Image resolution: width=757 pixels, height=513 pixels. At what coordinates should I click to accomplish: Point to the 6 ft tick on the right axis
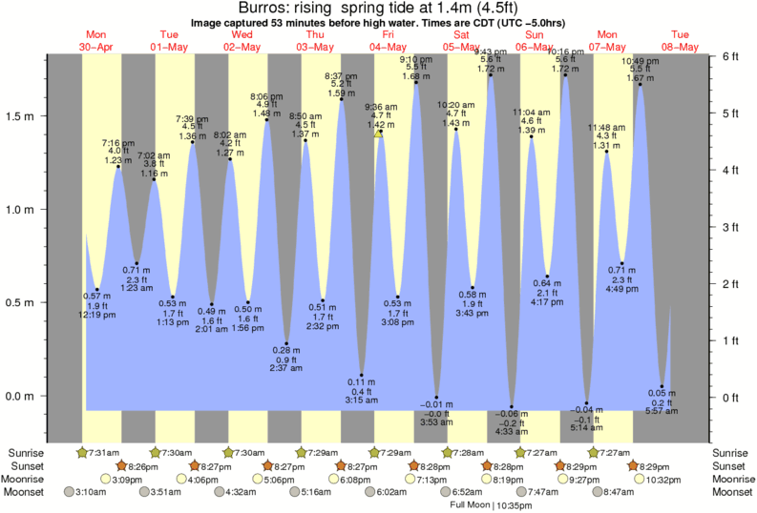[730, 56]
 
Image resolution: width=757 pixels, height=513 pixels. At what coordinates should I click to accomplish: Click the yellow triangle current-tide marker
[379, 133]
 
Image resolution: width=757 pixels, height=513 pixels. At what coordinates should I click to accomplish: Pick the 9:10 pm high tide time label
[414, 59]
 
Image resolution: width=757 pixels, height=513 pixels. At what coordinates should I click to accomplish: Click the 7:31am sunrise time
[103, 452]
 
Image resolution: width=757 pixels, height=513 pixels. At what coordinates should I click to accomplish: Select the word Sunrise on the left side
[26, 452]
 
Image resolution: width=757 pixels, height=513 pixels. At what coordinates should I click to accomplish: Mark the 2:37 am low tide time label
[286, 368]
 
